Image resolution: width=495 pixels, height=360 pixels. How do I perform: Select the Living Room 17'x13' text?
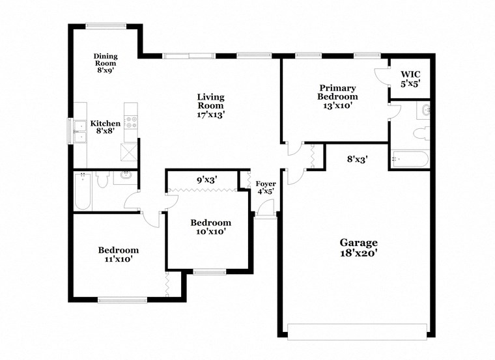[x=210, y=105]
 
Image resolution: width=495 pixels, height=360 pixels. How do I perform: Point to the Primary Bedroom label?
[x=337, y=96]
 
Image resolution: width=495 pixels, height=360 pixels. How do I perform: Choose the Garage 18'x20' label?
[x=358, y=248]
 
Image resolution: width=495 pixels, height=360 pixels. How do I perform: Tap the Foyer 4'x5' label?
[x=265, y=188]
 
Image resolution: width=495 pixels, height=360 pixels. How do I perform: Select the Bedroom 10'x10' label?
[x=210, y=227]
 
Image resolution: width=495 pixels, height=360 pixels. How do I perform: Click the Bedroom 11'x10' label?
[x=118, y=255]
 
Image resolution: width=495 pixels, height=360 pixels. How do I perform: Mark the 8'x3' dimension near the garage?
[x=358, y=158]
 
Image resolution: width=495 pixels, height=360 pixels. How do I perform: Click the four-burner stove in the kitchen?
[x=131, y=121]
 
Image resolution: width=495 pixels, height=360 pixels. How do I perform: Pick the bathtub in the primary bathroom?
[x=408, y=159]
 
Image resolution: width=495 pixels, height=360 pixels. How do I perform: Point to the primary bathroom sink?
[x=425, y=110]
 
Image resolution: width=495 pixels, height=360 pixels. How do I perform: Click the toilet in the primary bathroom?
[x=420, y=134]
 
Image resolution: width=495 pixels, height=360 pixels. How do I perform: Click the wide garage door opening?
[x=357, y=331]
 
